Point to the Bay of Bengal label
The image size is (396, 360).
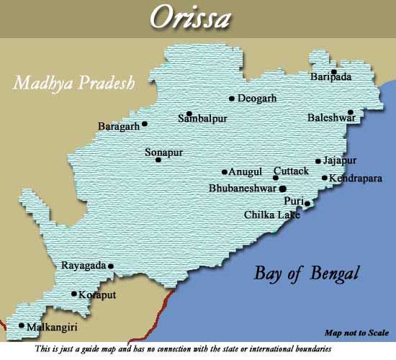[306, 274]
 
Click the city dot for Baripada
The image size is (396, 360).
[334, 71]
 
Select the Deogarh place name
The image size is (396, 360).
[258, 99]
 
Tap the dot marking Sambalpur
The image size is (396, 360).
[189, 113]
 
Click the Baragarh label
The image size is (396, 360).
[118, 127]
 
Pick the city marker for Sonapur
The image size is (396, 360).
[158, 159]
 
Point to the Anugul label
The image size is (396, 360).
[245, 172]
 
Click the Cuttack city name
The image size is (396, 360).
[291, 171]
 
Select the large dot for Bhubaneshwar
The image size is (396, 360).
[282, 188]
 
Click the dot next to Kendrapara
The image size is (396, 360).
[325, 178]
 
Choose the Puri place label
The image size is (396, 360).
[294, 201]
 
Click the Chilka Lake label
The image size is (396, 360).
[272, 215]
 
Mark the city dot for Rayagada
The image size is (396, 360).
[111, 266]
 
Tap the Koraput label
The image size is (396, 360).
[97, 294]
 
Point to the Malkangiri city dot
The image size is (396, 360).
[22, 325]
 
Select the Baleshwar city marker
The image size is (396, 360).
[351, 112]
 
